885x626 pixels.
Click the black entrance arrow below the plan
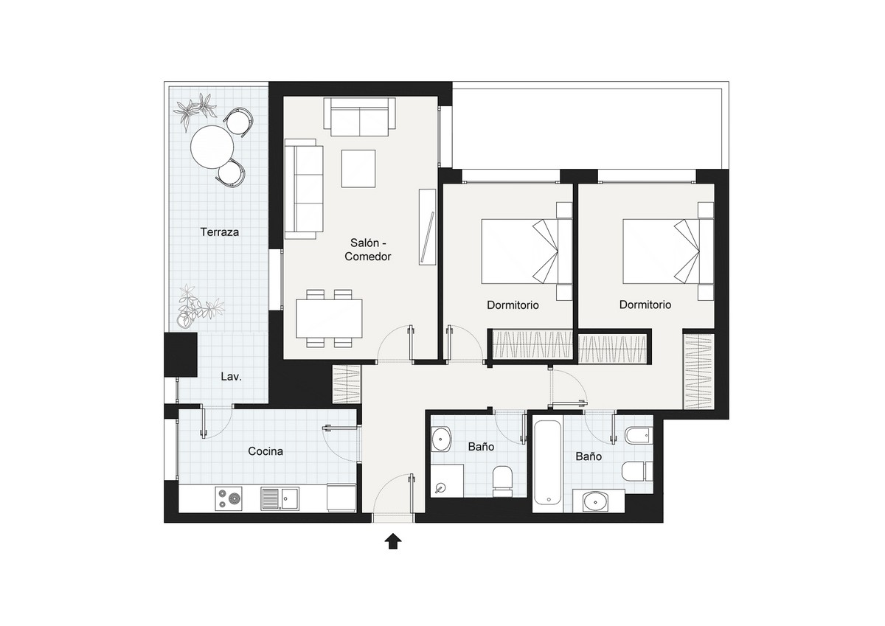393,542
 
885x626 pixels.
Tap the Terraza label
220,232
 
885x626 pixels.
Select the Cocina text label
265,451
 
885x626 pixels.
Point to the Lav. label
232,377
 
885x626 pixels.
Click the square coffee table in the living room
358,168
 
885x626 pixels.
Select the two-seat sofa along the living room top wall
359,117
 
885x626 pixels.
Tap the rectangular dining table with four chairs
330,319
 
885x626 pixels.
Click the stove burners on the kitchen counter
229,499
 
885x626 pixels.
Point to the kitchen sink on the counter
279,499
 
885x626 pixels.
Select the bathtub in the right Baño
548,462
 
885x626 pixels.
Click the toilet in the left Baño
502,479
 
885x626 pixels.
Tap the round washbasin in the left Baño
441,441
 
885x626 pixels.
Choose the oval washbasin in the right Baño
594,502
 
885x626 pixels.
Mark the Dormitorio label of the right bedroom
645,305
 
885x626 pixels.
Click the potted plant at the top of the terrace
198,108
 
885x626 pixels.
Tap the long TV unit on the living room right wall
428,226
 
